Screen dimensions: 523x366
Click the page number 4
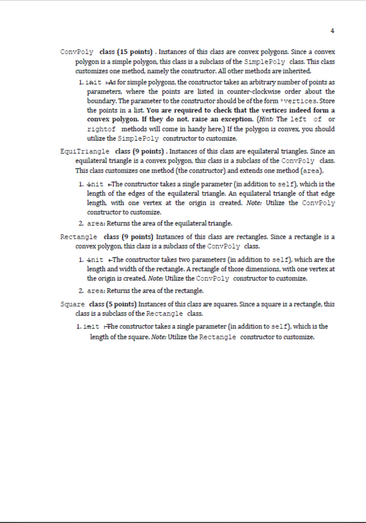click(333, 30)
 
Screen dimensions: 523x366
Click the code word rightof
click(100, 128)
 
